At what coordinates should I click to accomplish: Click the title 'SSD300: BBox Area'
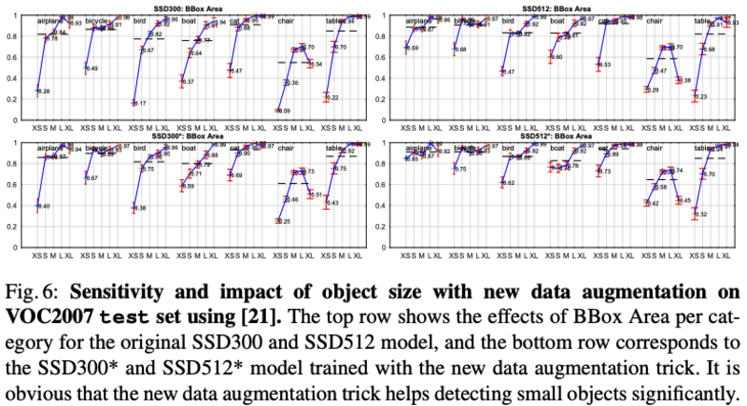click(x=192, y=8)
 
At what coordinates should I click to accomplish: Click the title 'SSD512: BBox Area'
click(x=563, y=8)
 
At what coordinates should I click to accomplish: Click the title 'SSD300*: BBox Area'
click(x=192, y=136)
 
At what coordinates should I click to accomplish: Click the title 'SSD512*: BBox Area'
click(x=563, y=136)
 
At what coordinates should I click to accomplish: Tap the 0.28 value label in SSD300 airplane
click(x=45, y=91)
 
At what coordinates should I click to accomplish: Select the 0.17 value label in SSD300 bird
click(x=140, y=103)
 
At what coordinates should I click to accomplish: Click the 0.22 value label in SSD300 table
click(x=333, y=97)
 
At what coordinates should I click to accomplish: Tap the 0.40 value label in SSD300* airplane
click(x=45, y=205)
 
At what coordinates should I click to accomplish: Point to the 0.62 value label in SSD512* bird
click(x=510, y=183)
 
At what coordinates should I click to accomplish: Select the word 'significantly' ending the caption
click(x=685, y=385)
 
